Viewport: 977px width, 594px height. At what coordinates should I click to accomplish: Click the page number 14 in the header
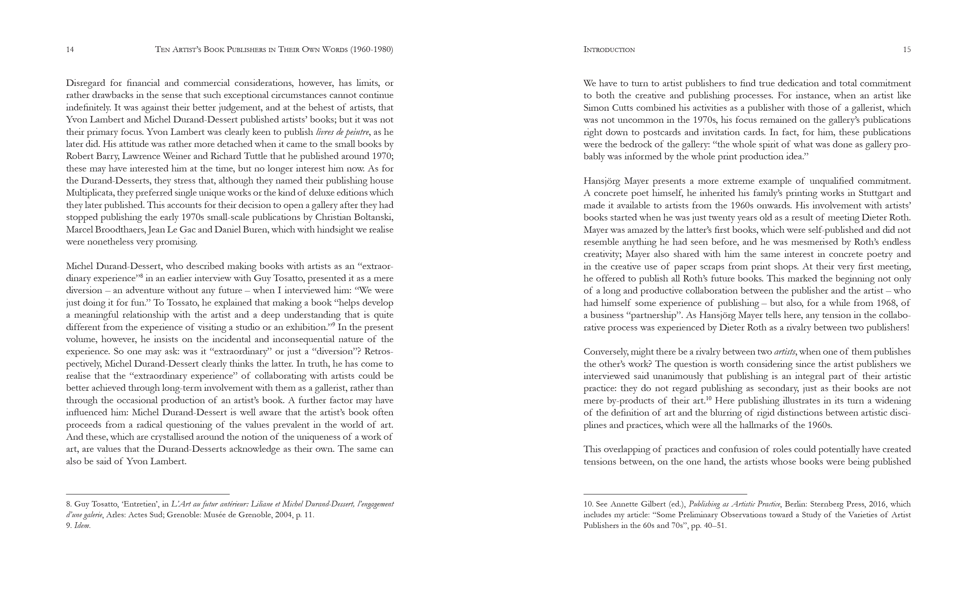(x=70, y=50)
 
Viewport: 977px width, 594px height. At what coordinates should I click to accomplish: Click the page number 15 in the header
(x=907, y=50)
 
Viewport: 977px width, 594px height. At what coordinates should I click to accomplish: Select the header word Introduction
(x=609, y=50)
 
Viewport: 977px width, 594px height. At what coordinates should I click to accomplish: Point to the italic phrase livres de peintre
(x=342, y=132)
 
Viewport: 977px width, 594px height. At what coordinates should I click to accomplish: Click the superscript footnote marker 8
(x=141, y=276)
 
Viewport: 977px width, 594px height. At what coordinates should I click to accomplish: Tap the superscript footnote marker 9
(x=333, y=325)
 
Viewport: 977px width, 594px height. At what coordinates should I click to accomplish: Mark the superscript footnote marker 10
(x=709, y=398)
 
